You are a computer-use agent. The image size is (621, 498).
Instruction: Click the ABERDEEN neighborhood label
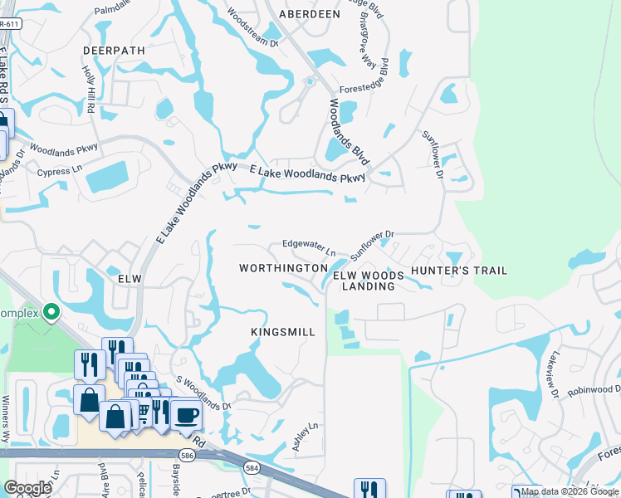(310, 14)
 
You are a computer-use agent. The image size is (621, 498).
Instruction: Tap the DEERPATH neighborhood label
(114, 51)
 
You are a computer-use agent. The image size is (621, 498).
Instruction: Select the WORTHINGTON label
(282, 269)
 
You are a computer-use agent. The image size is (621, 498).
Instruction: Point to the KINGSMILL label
(283, 332)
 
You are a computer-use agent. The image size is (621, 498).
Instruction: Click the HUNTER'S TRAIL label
(459, 271)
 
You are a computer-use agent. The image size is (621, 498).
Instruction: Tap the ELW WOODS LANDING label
(369, 281)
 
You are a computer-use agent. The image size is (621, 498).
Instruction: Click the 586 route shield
(188, 455)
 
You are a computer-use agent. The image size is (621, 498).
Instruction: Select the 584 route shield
(251, 469)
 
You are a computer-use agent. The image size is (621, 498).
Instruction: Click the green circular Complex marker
(51, 313)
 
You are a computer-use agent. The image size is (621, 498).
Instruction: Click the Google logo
(28, 488)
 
